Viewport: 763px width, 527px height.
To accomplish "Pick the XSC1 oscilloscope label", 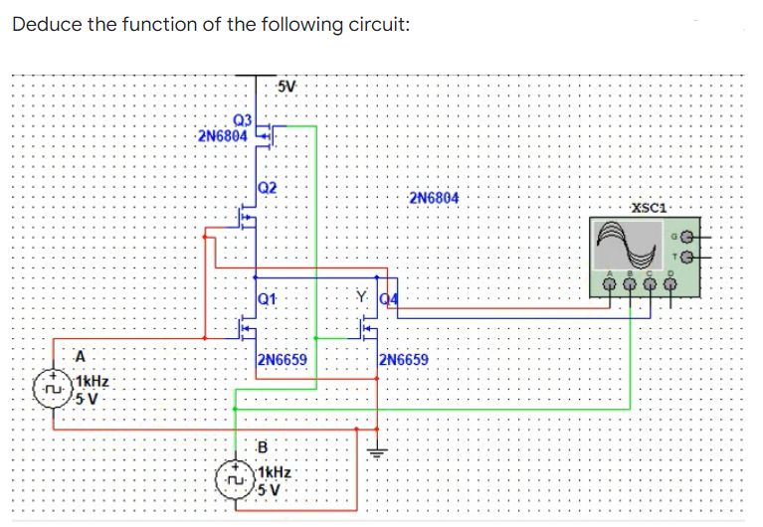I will tap(650, 207).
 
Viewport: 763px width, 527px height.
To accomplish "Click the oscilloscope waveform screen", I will tap(627, 245).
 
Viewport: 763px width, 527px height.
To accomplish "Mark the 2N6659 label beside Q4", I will tap(404, 359).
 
